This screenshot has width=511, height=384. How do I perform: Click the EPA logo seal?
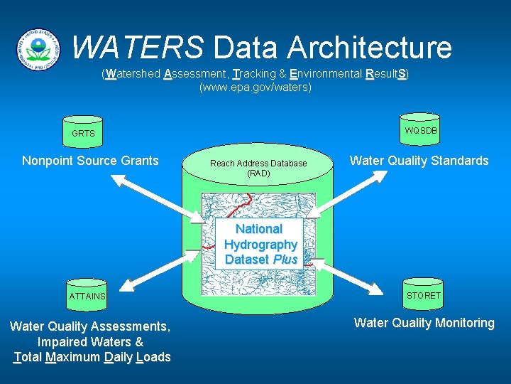point(38,48)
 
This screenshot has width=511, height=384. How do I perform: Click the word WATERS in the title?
point(138,48)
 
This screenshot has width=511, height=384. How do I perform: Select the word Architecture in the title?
point(370,48)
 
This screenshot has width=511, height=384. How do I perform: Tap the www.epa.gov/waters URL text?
point(255,87)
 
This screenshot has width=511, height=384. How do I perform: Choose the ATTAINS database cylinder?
point(87,294)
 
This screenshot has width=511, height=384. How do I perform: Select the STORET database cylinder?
point(423,294)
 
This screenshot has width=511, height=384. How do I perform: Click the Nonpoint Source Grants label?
point(90,161)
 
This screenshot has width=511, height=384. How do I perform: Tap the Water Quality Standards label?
point(419,161)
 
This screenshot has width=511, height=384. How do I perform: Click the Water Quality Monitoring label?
point(424,323)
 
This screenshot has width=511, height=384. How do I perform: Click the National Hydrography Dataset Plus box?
point(260,244)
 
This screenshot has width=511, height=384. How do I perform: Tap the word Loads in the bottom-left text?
point(153,357)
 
